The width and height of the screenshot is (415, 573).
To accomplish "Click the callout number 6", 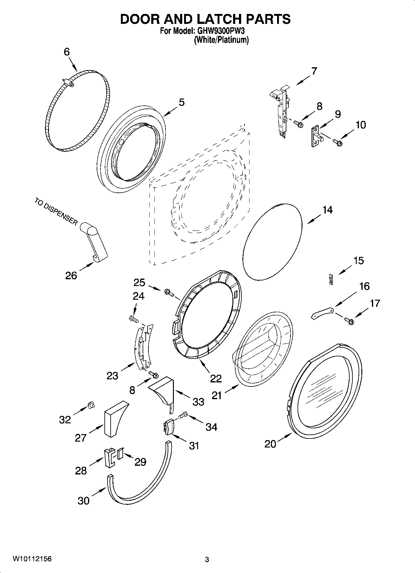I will click(x=67, y=52).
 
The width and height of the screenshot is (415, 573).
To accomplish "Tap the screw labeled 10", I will click(x=337, y=142).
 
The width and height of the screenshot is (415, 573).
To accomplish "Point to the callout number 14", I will click(x=327, y=210).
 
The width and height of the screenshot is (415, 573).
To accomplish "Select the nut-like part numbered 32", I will click(x=91, y=404).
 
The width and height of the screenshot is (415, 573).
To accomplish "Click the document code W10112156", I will click(x=32, y=559).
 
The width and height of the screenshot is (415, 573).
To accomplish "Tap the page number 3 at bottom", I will click(x=207, y=559).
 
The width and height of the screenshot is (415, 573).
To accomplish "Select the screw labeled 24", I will click(x=134, y=318).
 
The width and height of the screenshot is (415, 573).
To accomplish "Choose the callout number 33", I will click(x=198, y=402).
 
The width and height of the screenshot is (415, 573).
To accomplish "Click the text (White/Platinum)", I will click(x=221, y=40).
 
